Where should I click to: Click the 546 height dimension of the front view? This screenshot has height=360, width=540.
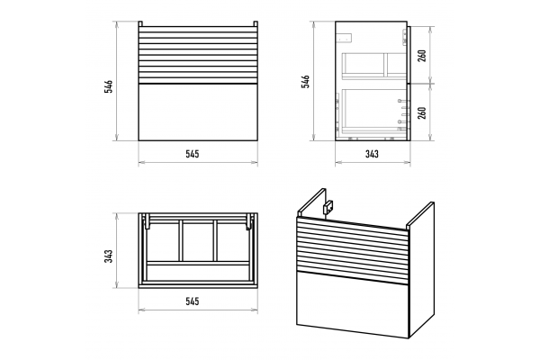point(109,86)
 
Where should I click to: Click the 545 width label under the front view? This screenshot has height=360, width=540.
point(193,154)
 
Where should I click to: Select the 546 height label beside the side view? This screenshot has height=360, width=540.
point(306,81)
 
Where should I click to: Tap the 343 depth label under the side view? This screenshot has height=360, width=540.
point(372,154)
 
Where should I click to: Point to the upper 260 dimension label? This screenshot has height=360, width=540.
point(422,56)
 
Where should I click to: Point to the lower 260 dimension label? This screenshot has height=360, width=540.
point(422,113)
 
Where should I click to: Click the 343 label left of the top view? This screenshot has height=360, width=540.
point(109,256)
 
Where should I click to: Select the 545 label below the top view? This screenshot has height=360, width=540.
point(193,301)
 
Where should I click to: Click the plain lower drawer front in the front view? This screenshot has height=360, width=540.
point(198,112)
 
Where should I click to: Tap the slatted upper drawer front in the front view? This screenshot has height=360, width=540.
point(198,55)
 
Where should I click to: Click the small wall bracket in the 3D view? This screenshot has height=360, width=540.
point(328,207)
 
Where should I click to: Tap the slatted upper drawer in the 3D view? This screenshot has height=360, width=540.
point(352,250)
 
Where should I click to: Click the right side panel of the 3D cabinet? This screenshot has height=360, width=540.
point(421,270)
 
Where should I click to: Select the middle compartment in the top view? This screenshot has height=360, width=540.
point(198,241)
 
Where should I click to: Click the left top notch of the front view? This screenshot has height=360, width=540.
point(140,23)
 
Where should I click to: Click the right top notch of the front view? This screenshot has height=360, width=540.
point(256,23)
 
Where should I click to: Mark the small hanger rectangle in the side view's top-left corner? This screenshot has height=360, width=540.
point(345,38)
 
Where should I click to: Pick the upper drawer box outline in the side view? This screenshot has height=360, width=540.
point(374,66)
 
